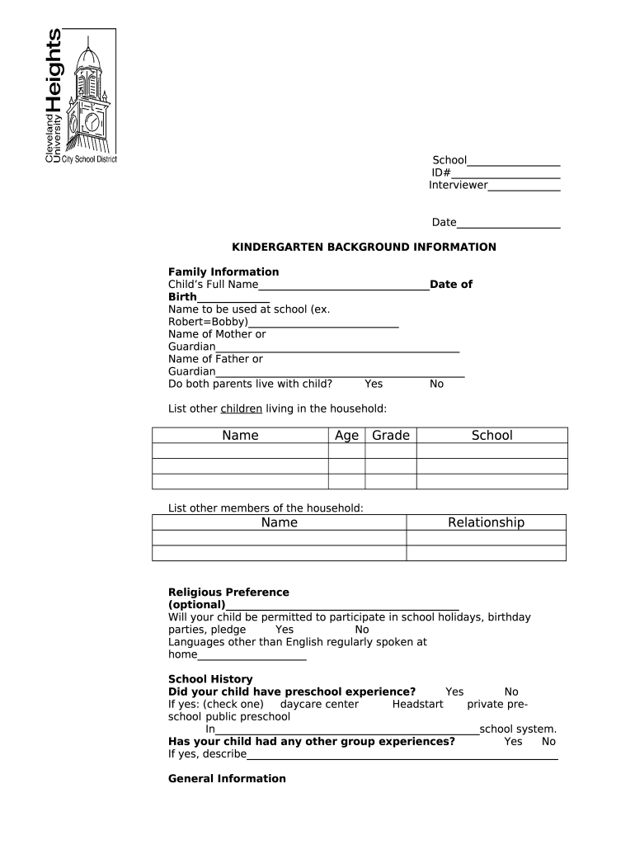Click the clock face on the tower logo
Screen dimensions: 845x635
pos(92,123)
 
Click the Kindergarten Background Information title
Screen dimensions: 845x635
pos(363,247)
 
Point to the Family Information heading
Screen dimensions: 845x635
pos(223,271)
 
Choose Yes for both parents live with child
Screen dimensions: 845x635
pos(374,384)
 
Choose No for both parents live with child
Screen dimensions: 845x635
pos(436,384)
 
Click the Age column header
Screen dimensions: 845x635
pos(346,436)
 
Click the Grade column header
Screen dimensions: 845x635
pos(391,436)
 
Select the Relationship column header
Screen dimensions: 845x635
pos(486,522)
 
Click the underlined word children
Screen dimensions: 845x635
pos(241,408)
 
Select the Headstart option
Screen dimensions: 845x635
pos(417,704)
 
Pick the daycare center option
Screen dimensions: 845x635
pos(319,704)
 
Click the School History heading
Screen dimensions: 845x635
pos(210,679)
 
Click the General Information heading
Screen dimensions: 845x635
pos(227,778)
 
